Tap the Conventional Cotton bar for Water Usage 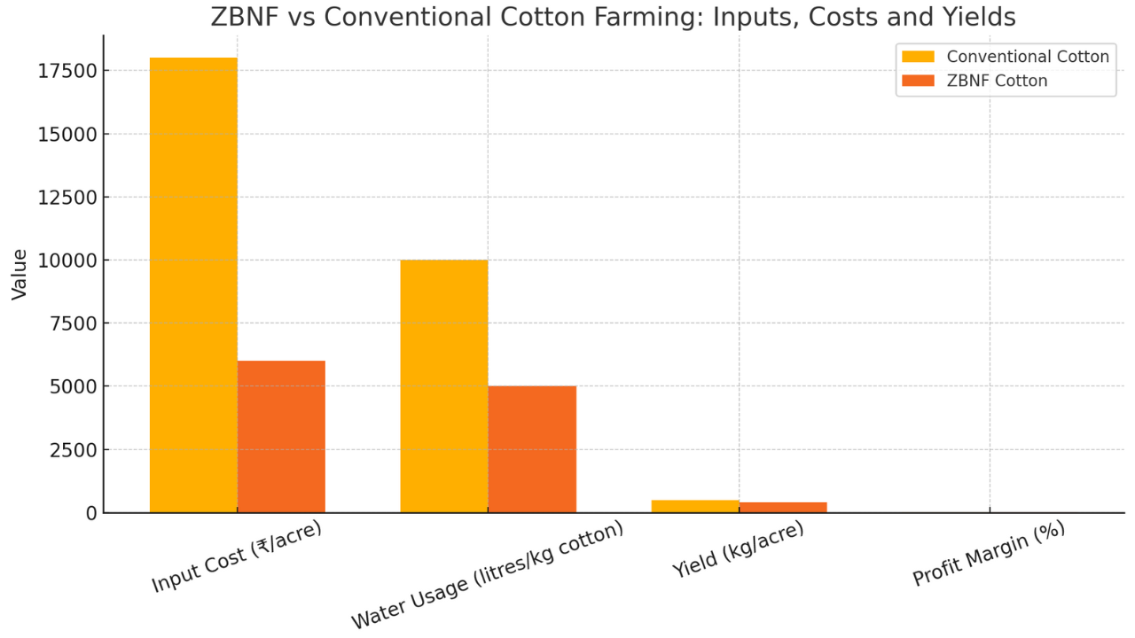pyautogui.click(x=443, y=386)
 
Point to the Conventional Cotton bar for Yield pyautogui.click(x=695, y=506)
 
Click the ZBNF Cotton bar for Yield pyautogui.click(x=783, y=507)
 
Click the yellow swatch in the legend pyautogui.click(x=918, y=57)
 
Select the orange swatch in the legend pyautogui.click(x=918, y=81)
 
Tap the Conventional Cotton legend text pyautogui.click(x=1028, y=57)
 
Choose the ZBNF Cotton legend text pyautogui.click(x=997, y=81)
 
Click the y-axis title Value pyautogui.click(x=20, y=274)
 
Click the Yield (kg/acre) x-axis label pyautogui.click(x=739, y=549)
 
